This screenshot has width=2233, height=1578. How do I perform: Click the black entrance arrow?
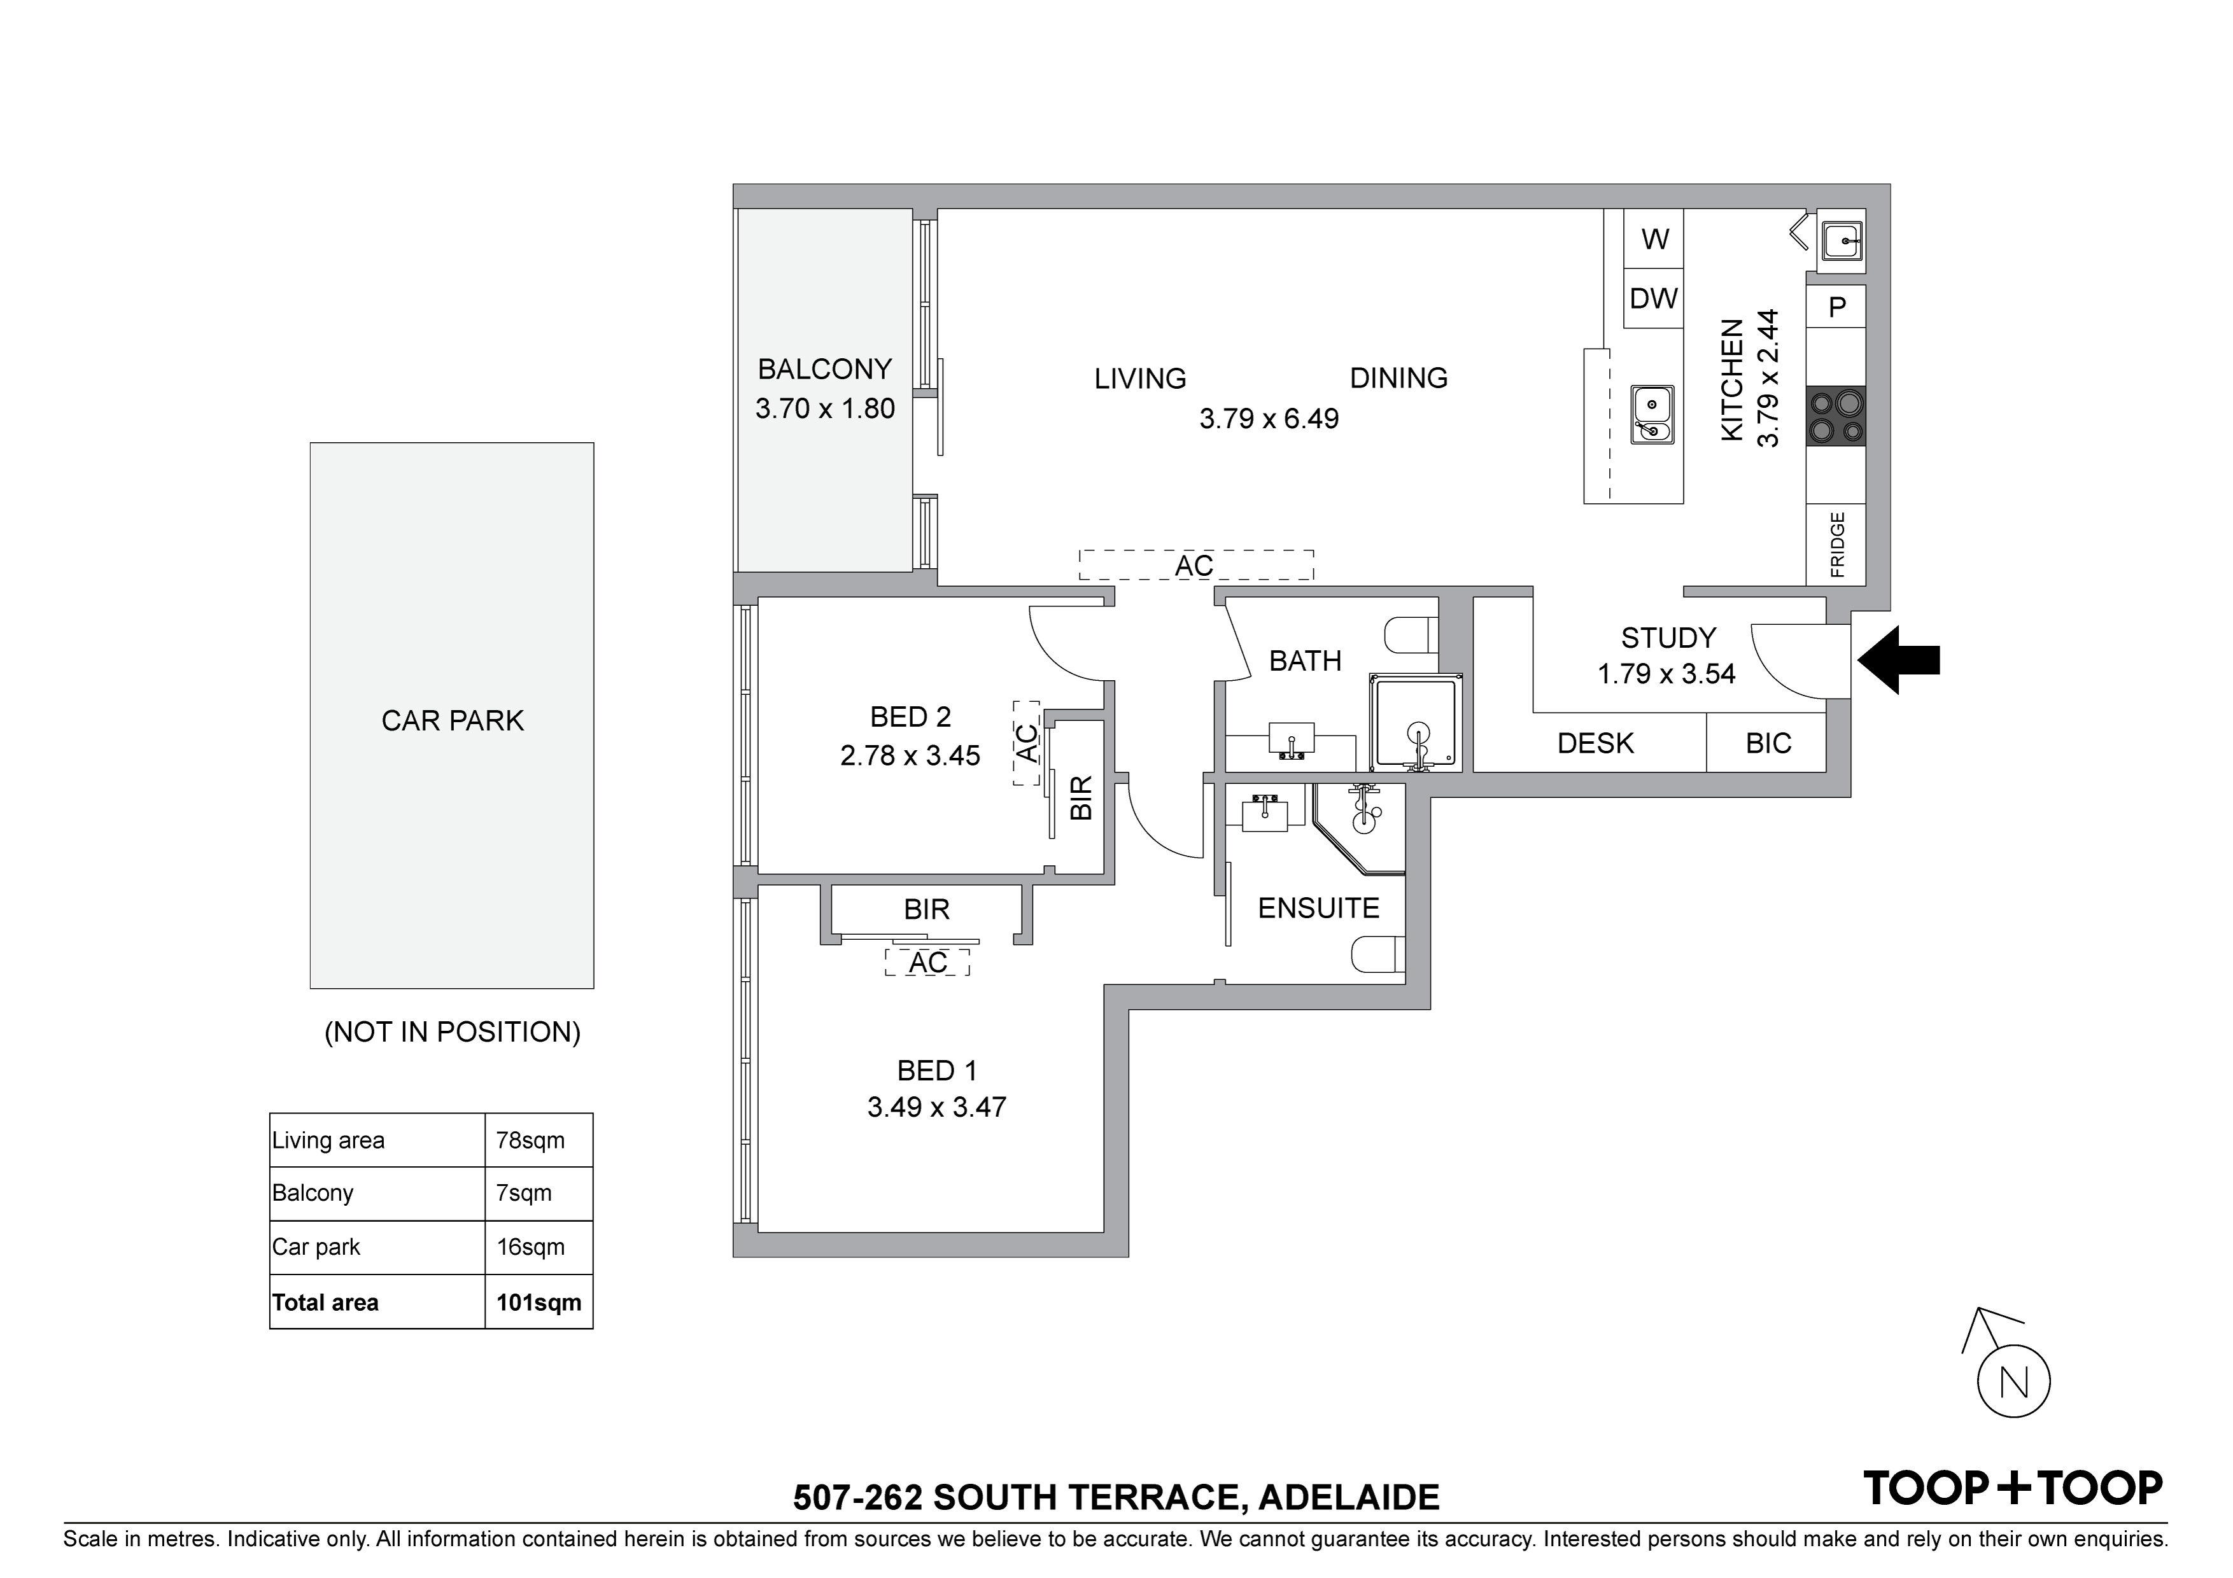[x=1898, y=660]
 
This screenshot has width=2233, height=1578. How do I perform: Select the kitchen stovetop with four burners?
[x=1836, y=416]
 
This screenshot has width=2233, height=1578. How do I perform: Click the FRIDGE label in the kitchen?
[x=1837, y=545]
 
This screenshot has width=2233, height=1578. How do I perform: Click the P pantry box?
[x=1836, y=307]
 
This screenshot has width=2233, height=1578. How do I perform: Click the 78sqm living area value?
[x=530, y=1140]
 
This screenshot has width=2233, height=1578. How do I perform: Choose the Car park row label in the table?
[x=316, y=1247]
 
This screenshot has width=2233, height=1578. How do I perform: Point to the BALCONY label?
[x=825, y=370]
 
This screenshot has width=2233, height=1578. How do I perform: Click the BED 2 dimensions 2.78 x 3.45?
[x=910, y=755]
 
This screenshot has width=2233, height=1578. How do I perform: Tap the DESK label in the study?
[x=1596, y=744]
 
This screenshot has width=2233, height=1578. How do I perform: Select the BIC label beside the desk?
[x=1768, y=744]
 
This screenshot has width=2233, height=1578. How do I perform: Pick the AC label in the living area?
[x=1194, y=566]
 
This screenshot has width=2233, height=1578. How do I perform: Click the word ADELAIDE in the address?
[x=1349, y=1497]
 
